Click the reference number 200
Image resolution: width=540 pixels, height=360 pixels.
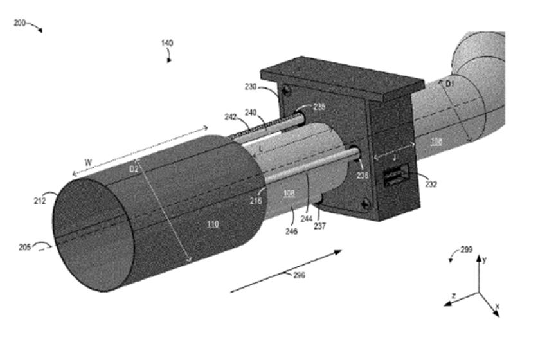coord(20,22)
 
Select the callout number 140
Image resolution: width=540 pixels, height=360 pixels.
coord(166,43)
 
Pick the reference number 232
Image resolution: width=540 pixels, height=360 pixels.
coord(431,184)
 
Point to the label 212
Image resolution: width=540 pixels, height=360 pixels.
coord(40,201)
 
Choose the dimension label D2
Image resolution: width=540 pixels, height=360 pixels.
coord(134,170)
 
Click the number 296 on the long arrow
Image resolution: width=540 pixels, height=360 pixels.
coord(299,276)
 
